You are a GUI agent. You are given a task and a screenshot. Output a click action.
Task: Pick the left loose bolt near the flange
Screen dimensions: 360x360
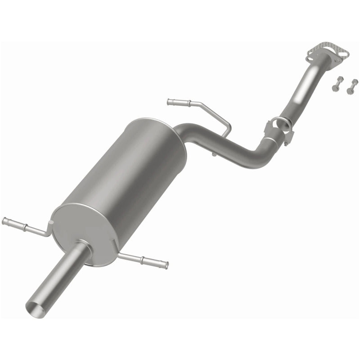[x=336, y=85]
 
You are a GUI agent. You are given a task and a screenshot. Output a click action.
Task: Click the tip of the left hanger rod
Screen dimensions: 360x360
[x=4, y=220]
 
